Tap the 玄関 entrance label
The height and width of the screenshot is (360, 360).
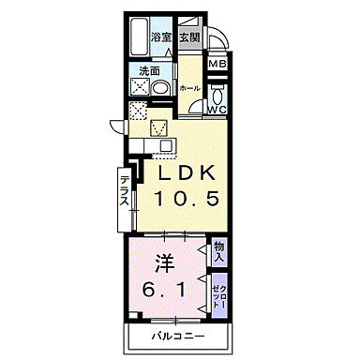(188, 37)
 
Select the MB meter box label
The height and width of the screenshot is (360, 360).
(217, 65)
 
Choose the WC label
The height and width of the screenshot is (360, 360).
(217, 109)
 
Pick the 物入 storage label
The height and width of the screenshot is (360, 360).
(218, 250)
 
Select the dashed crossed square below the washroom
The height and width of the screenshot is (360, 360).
(137, 111)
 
